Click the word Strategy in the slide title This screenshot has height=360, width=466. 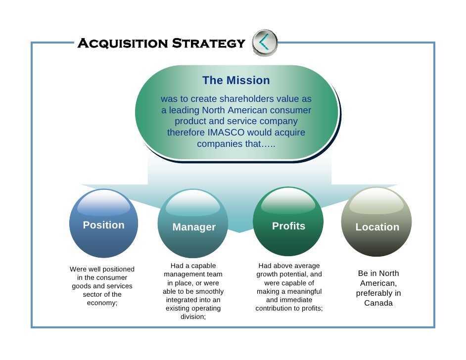(208, 44)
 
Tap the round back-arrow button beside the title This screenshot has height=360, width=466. (265, 43)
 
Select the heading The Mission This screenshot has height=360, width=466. (236, 80)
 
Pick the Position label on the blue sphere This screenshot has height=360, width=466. (103, 225)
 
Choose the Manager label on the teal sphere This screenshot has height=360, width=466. (194, 227)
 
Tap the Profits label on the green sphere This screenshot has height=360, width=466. (288, 226)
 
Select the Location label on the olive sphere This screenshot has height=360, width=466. (377, 227)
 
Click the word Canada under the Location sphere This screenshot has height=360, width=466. (378, 303)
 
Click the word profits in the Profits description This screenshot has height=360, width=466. (311, 309)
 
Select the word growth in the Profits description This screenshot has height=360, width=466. (269, 274)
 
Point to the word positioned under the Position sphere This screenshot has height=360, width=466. (118, 269)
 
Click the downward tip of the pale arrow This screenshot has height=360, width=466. (239, 231)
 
